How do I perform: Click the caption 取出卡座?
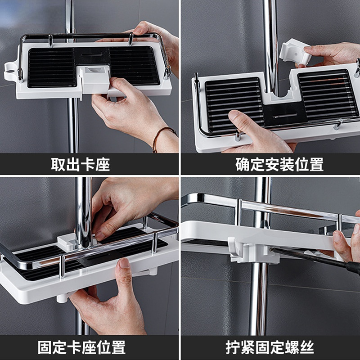81,164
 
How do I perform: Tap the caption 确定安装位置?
279,164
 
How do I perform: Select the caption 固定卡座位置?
82,347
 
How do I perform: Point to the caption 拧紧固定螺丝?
270,347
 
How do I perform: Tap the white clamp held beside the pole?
295,52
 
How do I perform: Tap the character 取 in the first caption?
58,164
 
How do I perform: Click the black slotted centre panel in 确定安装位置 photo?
285,114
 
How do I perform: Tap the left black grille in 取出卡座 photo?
52,68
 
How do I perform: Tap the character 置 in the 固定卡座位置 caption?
118,347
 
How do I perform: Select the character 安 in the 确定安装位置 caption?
272,164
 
